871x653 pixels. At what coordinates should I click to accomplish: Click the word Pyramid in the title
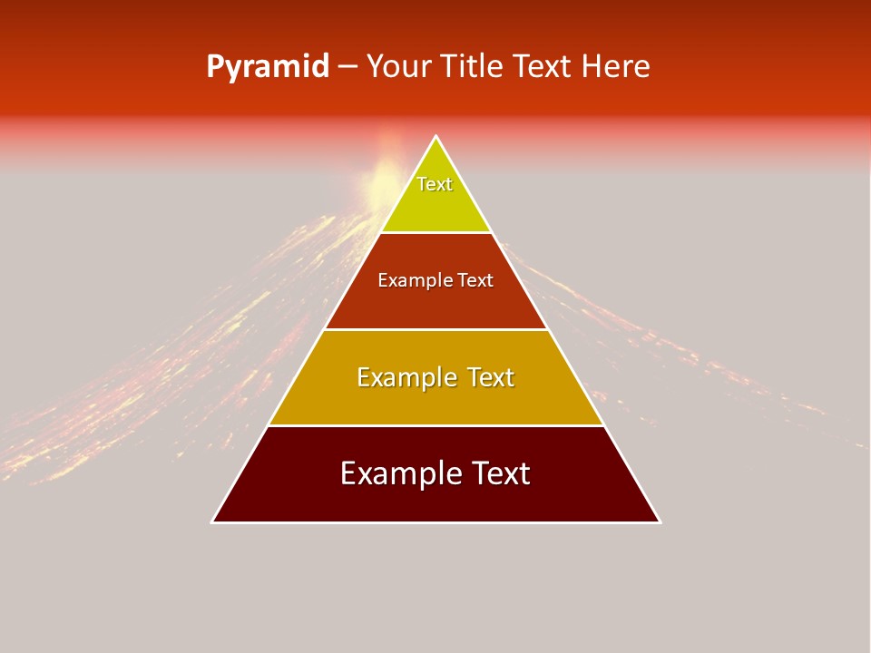(267, 68)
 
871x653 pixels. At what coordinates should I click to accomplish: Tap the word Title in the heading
(473, 67)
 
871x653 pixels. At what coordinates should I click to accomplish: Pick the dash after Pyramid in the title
(347, 68)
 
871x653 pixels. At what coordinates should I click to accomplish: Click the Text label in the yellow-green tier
(435, 184)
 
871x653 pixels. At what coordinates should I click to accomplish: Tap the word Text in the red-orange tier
(475, 280)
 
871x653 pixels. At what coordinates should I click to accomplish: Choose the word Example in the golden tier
(406, 377)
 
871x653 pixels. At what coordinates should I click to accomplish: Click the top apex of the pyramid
(435, 137)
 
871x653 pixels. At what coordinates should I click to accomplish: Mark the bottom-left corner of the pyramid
(213, 521)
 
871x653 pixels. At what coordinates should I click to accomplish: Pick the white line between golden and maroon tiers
(435, 425)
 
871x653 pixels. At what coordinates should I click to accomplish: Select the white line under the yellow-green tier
(435, 232)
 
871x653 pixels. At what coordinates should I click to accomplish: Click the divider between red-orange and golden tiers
(435, 329)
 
